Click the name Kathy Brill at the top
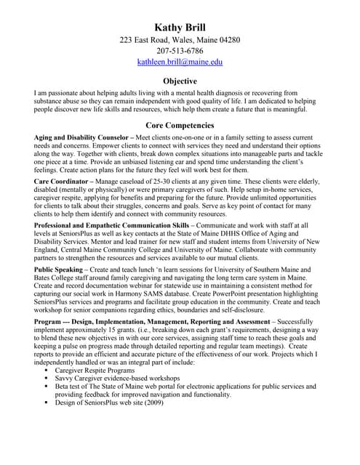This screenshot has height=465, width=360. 180,28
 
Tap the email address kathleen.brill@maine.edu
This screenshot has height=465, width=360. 180,62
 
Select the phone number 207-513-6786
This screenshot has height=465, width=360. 180,51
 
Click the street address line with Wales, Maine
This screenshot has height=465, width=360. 180,40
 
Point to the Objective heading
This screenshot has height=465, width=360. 180,82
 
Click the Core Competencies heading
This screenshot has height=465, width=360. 180,125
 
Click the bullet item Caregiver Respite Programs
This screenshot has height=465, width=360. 95,371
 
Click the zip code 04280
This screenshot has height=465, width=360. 227,40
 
